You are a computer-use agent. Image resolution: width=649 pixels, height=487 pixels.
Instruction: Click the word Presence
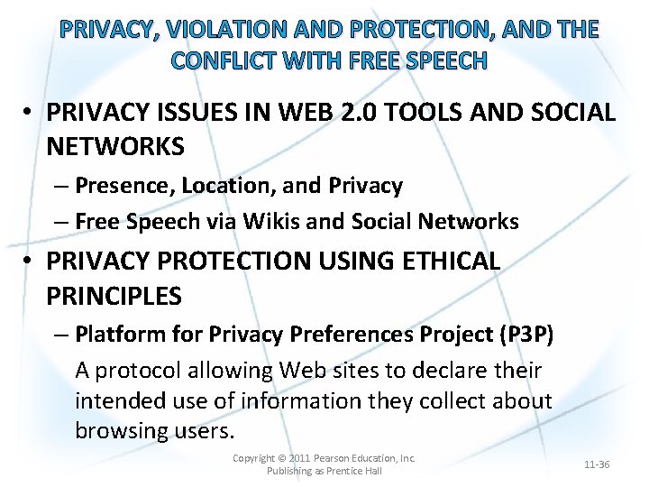tap(124, 186)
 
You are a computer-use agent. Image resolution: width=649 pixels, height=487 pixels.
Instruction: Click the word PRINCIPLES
tap(114, 296)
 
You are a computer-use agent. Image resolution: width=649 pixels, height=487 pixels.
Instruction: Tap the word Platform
tap(116, 335)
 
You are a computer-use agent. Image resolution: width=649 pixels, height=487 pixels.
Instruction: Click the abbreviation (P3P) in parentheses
tap(525, 335)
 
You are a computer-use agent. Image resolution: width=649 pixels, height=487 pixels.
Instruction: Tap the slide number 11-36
tap(597, 464)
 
